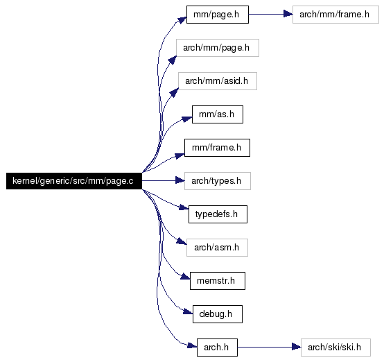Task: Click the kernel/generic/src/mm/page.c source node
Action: tap(74, 181)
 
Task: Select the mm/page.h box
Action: tap(218, 15)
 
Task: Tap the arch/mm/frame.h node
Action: tap(335, 15)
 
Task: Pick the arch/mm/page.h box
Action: tap(218, 48)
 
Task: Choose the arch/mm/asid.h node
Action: tap(218, 81)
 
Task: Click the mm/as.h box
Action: tap(218, 114)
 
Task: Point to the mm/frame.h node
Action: tap(217, 148)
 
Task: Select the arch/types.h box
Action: tap(218, 181)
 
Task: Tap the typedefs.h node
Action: tap(218, 214)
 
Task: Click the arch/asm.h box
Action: tap(217, 248)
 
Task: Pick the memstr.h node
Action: tap(218, 281)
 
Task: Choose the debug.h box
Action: tap(218, 314)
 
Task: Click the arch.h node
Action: tap(217, 348)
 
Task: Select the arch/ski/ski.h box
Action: tap(335, 348)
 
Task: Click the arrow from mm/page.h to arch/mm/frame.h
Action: tap(270, 14)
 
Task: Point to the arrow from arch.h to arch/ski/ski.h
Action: tap(269, 347)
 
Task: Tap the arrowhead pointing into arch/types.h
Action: tap(180, 181)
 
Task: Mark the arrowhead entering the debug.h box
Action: tap(188, 311)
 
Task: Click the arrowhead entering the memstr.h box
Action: tap(185, 277)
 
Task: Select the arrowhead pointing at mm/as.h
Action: tap(187, 119)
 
